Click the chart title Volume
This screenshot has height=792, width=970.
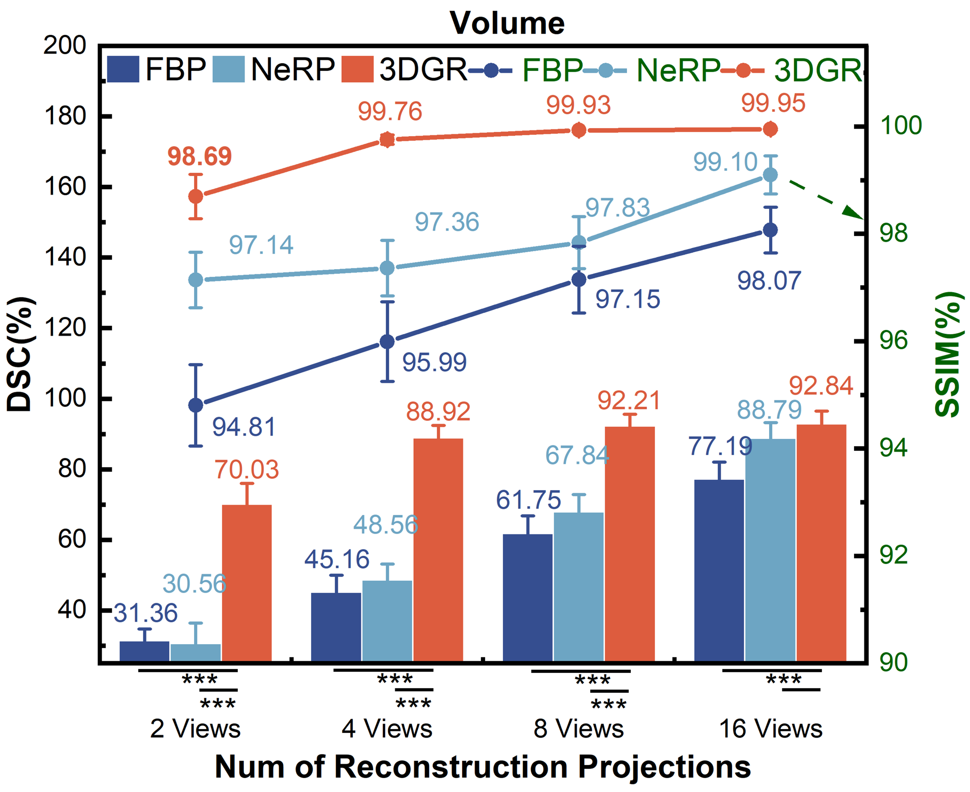click(x=507, y=23)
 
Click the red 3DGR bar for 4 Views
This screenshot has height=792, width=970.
click(x=438, y=549)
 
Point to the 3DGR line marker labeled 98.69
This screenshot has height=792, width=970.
click(x=196, y=196)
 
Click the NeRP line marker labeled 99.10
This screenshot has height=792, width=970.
click(x=770, y=175)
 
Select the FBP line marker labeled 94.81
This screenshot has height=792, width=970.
click(x=196, y=405)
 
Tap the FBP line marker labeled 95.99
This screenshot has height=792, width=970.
click(x=387, y=342)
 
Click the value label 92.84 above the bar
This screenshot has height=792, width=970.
click(x=821, y=386)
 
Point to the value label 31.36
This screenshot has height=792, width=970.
click(x=145, y=613)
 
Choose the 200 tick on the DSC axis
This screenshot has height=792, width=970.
click(x=65, y=45)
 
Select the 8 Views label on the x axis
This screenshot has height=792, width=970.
click(x=578, y=729)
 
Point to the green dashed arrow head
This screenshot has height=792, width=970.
click(x=854, y=213)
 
